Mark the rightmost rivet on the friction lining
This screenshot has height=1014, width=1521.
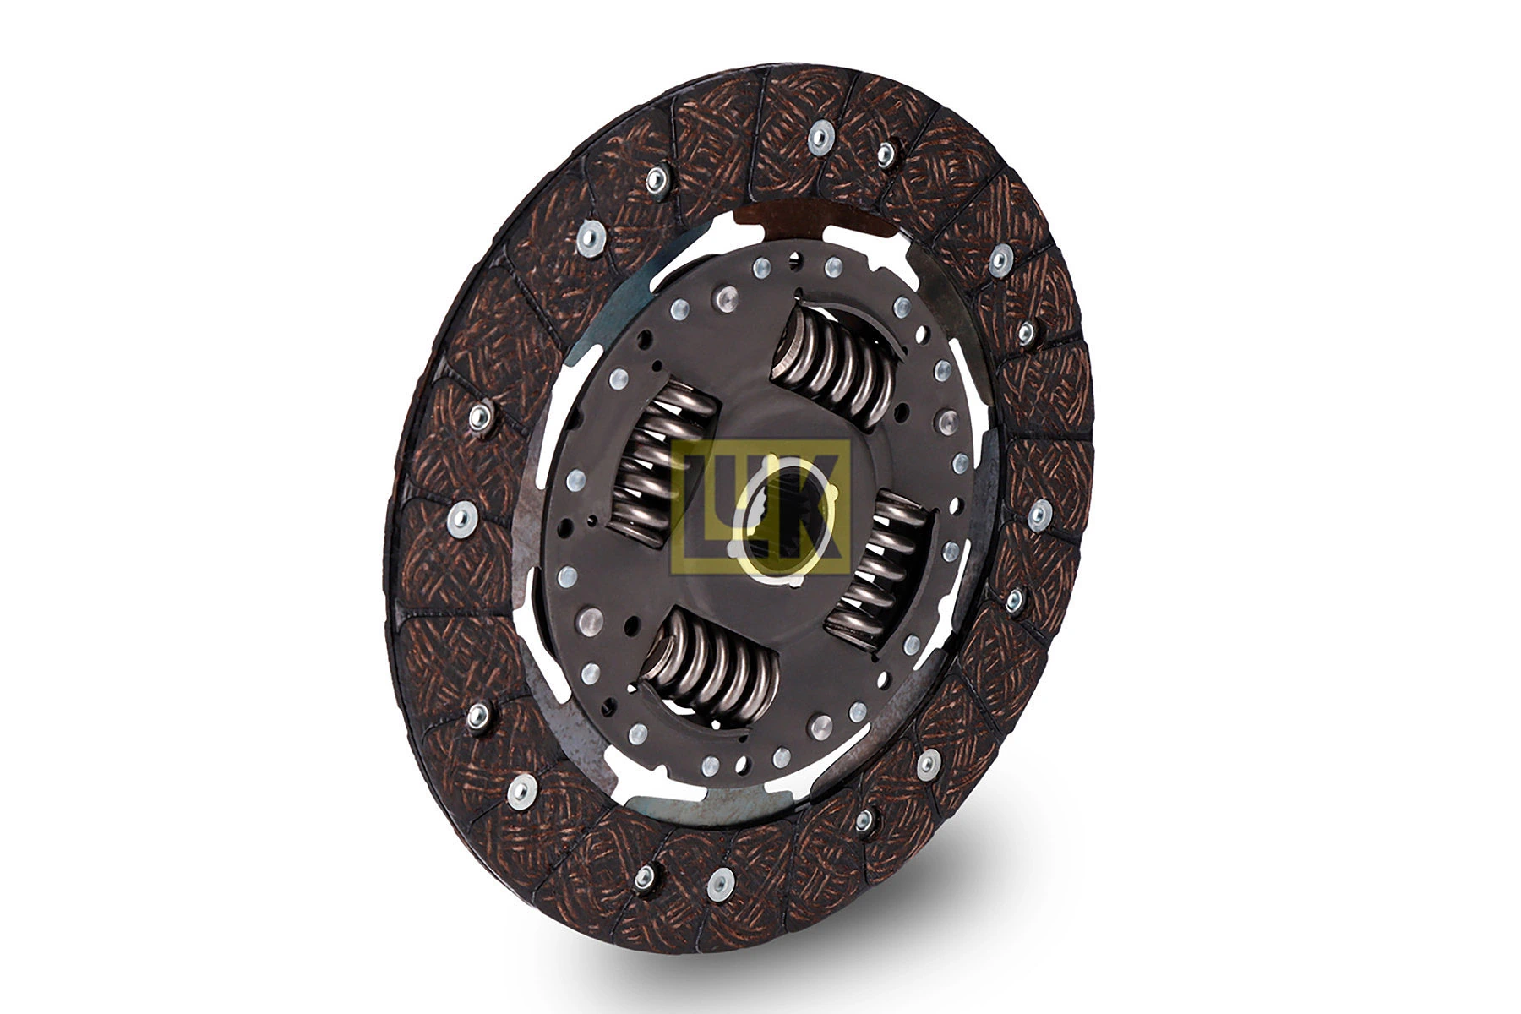(1039, 514)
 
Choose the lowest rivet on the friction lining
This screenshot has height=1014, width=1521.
(719, 883)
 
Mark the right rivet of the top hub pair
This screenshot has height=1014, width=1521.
(833, 268)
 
